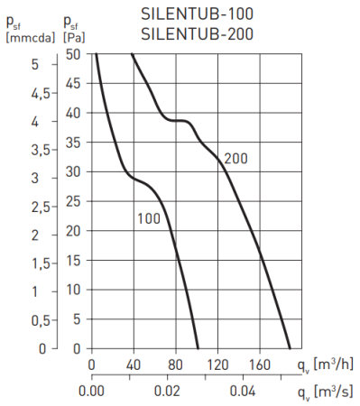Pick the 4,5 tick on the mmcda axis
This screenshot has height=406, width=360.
pyautogui.click(x=18, y=92)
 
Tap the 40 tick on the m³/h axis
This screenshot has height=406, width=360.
pyautogui.click(x=134, y=365)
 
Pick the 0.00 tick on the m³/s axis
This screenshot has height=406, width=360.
pyautogui.click(x=92, y=392)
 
